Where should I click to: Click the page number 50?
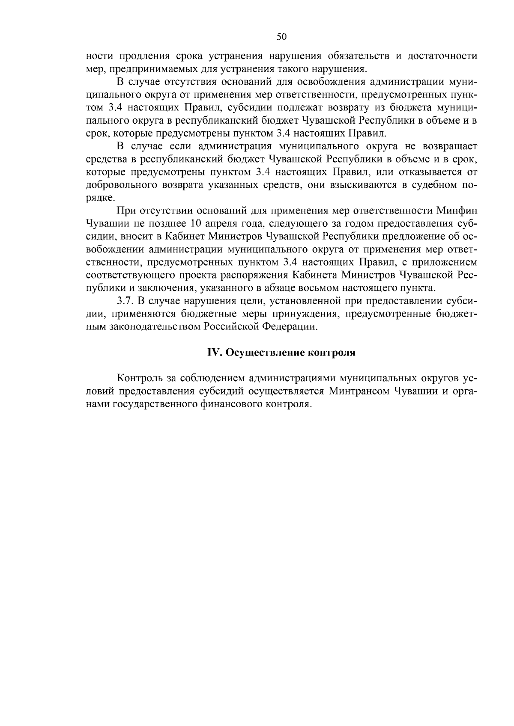coord(281,37)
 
